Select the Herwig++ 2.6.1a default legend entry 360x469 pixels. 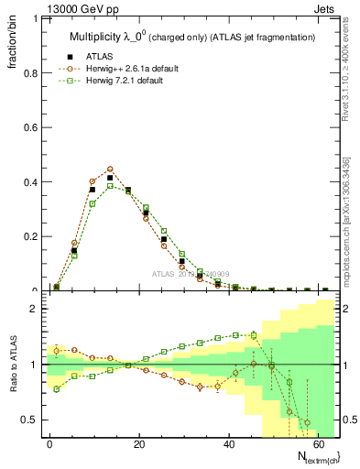(130, 68)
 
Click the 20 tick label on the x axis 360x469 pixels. (138, 442)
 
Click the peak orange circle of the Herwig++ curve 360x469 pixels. (110, 169)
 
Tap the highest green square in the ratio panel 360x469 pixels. (253, 335)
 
